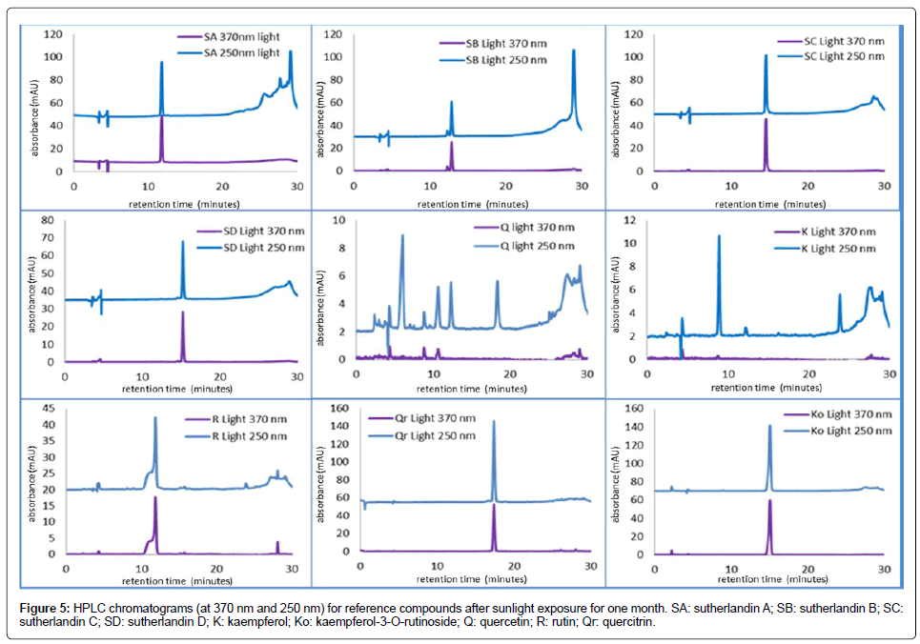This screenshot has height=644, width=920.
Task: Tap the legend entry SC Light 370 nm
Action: [x=829, y=42]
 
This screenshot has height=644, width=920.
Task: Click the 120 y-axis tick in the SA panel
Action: [x=52, y=34]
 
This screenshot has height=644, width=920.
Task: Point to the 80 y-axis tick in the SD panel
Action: [x=49, y=221]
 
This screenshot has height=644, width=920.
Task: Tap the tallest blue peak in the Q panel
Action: [x=402, y=236]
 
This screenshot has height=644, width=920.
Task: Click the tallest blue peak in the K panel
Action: [x=719, y=236]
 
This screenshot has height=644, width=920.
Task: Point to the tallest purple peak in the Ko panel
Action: [x=769, y=501]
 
